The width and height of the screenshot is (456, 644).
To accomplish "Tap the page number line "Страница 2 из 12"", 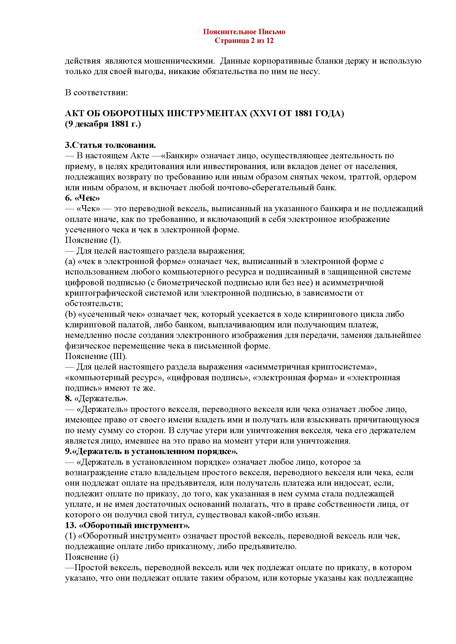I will pos(244,41).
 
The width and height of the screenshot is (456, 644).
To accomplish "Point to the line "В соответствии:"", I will pos(96,93).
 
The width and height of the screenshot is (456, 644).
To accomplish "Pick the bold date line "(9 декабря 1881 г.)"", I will pos(103,124).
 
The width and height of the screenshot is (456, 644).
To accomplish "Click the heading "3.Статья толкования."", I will pos(110,146).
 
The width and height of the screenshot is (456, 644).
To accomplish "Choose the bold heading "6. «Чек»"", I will pos(82,198).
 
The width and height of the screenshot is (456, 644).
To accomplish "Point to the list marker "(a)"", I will pos(69,261).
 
